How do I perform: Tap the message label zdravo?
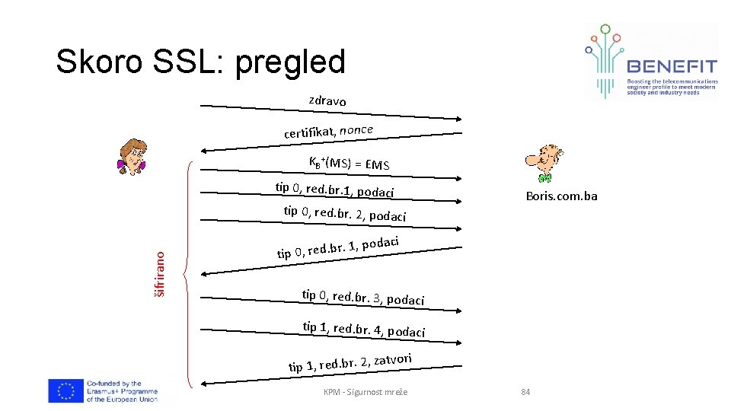[x=327, y=100]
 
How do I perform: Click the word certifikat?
[x=308, y=133]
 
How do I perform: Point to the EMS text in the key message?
[x=377, y=164]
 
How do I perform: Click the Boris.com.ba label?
[x=561, y=196]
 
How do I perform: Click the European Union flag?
[x=65, y=390]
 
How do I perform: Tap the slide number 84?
[x=525, y=392]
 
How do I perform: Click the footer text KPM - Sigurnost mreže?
[x=365, y=392]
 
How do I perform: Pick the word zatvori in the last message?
[x=392, y=359]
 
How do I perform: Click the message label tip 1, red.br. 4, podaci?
[x=363, y=330]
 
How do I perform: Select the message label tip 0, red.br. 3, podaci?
[x=362, y=297]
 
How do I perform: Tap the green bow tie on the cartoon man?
[x=544, y=177]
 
